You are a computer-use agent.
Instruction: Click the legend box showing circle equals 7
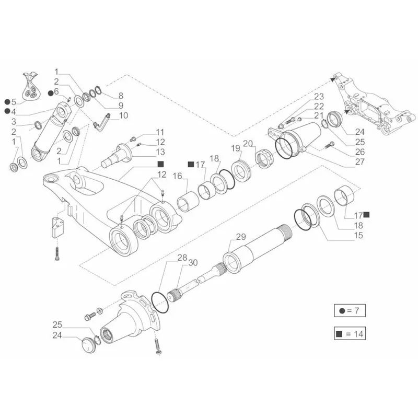[350, 310]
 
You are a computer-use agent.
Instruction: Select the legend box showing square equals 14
[350, 333]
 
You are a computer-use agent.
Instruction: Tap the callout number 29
[240, 237]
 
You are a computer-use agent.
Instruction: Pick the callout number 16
[177, 177]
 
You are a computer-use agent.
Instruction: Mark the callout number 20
[248, 143]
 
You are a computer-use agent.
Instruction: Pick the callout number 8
[121, 96]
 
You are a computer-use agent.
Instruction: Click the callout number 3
[14, 121]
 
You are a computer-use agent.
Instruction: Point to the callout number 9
[121, 106]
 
